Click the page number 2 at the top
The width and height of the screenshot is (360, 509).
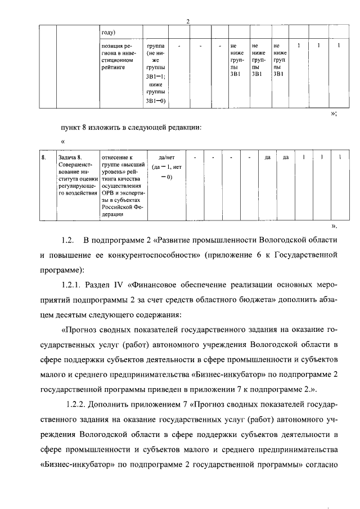(x=188, y=21)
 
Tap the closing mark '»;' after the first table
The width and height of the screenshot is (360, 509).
(x=334, y=114)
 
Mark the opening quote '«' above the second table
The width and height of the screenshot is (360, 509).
(x=63, y=141)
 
